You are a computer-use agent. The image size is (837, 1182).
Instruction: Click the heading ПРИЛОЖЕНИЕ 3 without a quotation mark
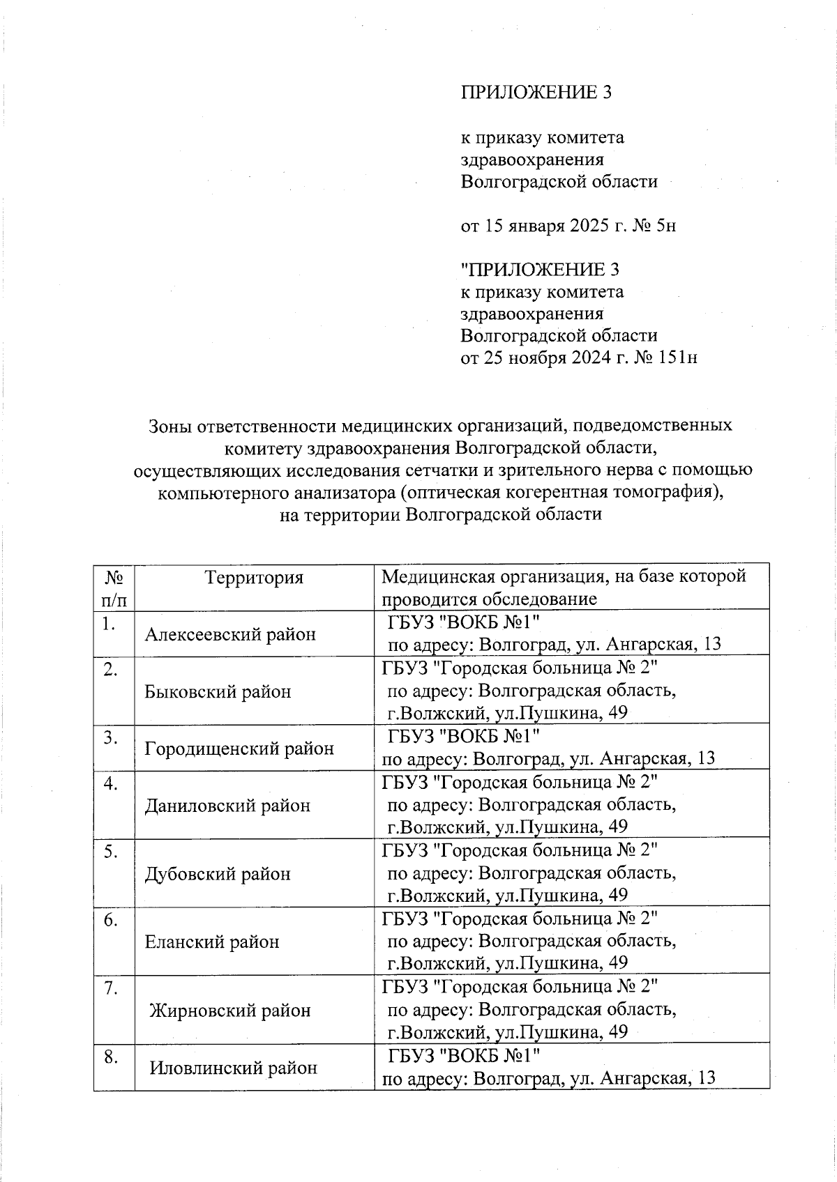(536, 92)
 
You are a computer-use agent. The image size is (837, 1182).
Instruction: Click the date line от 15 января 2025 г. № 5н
(568, 226)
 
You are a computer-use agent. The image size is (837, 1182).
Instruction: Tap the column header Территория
(255, 577)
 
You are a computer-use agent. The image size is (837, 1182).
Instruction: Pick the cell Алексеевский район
(230, 634)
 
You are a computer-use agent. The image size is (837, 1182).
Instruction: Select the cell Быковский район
(218, 691)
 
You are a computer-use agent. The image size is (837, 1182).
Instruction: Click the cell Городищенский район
(239, 749)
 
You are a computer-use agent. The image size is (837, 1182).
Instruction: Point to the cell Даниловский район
(227, 806)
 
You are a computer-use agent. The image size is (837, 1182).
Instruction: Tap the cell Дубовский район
(218, 874)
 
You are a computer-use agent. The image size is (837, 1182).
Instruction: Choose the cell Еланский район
(212, 942)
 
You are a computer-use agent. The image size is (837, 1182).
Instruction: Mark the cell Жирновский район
(230, 1010)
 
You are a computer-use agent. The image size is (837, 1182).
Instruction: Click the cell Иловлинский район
(234, 1067)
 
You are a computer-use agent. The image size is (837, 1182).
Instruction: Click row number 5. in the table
(110, 851)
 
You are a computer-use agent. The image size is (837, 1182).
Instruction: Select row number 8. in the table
(110, 1057)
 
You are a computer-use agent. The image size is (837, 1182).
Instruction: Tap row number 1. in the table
(107, 624)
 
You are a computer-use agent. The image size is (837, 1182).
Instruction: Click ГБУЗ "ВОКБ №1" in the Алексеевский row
(463, 621)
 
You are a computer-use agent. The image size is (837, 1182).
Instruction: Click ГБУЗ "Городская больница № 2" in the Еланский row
(520, 919)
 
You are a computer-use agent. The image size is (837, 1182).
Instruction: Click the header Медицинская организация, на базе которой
(564, 576)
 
